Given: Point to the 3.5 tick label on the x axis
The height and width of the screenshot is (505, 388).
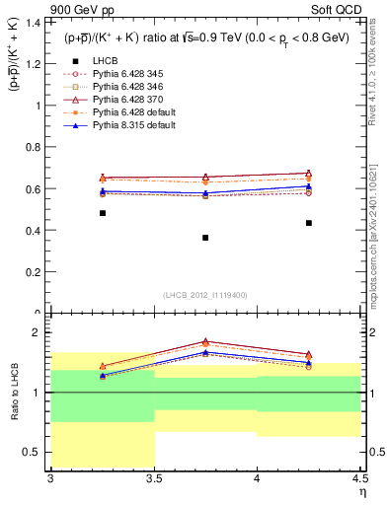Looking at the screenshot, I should click(154, 478).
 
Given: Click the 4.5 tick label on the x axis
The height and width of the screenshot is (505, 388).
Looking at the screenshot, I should click(359, 478).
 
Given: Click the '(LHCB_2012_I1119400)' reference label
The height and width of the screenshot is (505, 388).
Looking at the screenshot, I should click(205, 294).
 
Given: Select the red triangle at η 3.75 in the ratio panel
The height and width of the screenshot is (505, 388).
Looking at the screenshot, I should click(205, 341).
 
